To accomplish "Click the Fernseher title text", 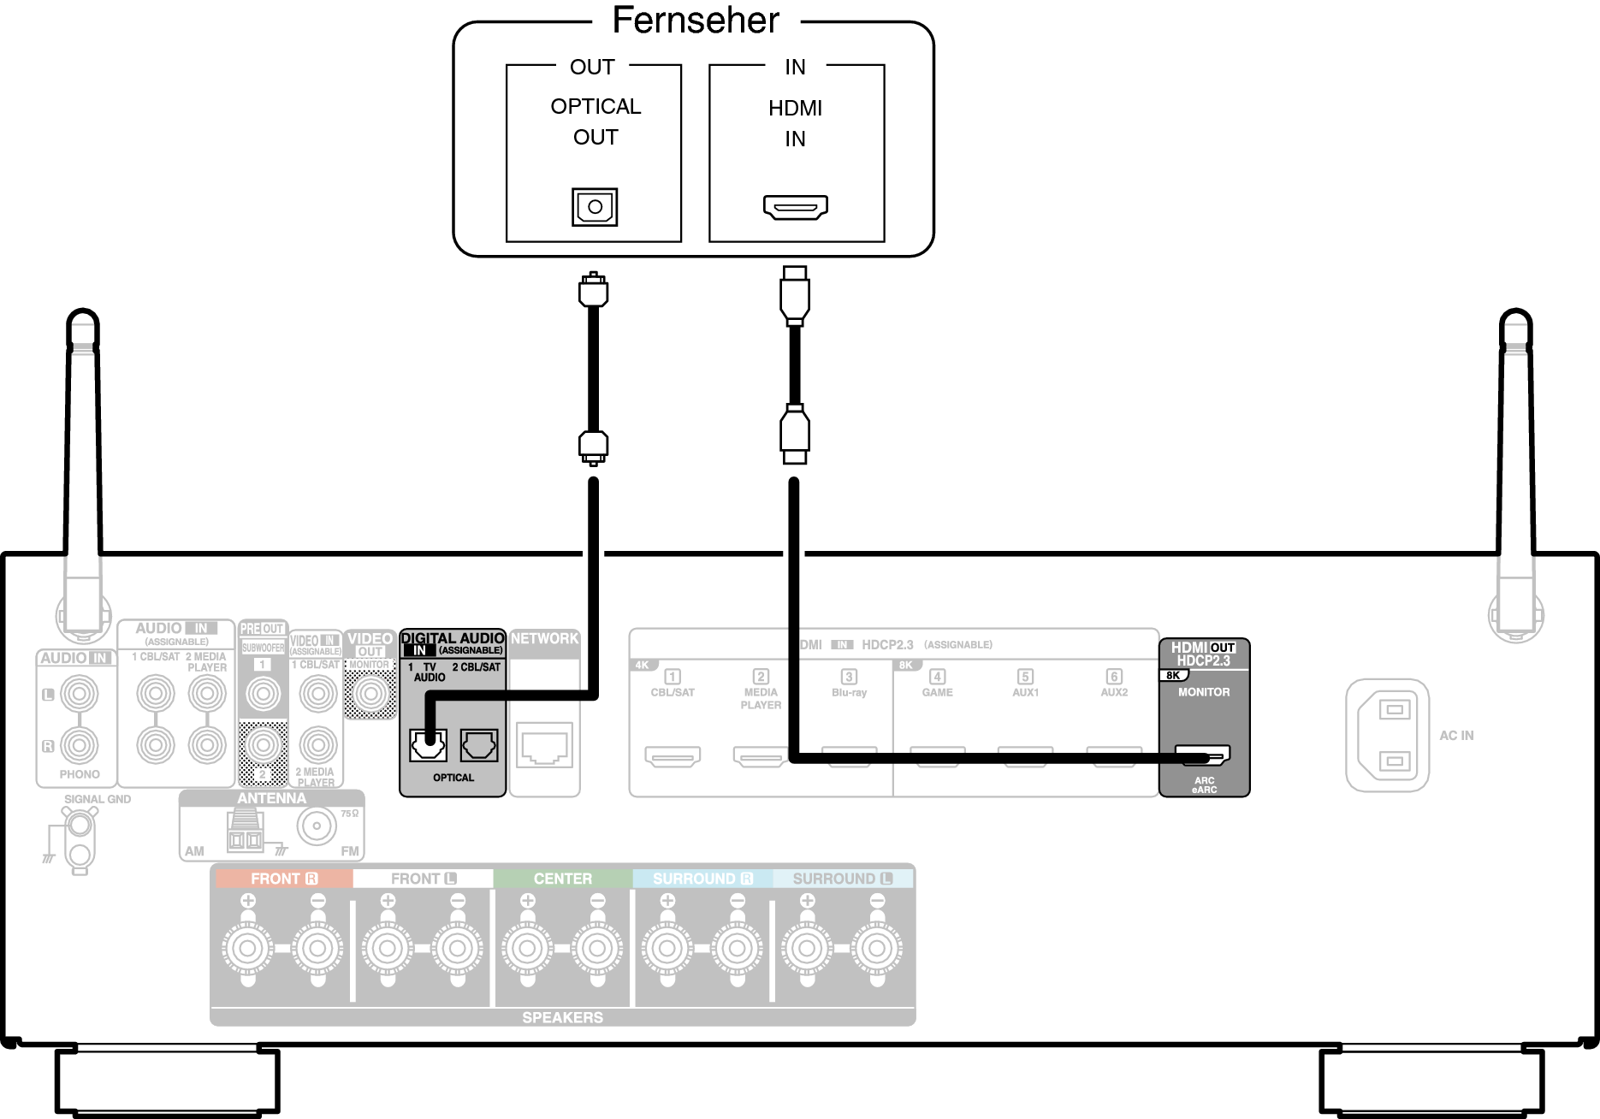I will (x=696, y=21).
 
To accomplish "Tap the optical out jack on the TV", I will (x=595, y=207).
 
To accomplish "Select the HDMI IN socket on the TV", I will (x=795, y=207).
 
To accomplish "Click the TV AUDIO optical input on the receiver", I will (x=428, y=745).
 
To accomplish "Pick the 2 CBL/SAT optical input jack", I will (x=479, y=745).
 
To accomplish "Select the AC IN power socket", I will (x=1387, y=735).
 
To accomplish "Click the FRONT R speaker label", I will (x=283, y=879).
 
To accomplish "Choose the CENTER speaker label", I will (x=562, y=879).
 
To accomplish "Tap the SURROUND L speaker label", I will (x=842, y=879).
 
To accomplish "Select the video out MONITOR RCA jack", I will (x=370, y=693).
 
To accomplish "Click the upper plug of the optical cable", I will (x=593, y=290).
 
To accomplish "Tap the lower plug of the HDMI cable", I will (x=795, y=435).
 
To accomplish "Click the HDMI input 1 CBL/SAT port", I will (x=673, y=756).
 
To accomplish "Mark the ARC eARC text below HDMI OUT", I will (x=1204, y=784).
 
